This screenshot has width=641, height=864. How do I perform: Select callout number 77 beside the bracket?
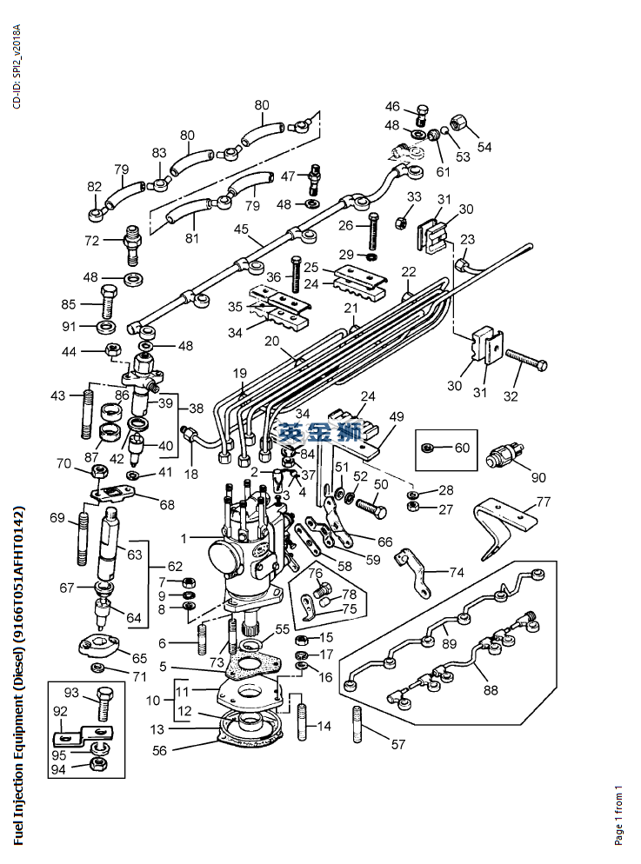point(544,502)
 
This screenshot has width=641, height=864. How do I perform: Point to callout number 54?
point(484,147)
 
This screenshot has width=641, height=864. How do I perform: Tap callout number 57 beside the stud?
point(398,744)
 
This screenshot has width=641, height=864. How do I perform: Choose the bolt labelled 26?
point(375,231)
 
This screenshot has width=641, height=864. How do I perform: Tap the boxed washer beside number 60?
point(429,448)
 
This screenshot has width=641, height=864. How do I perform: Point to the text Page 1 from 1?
point(619,814)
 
